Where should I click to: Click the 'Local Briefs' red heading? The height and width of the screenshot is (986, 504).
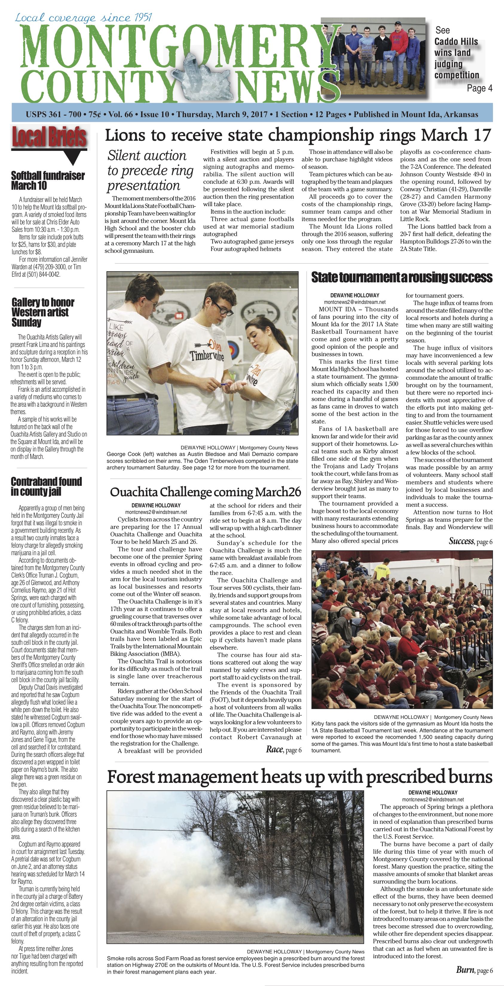[x=49, y=137]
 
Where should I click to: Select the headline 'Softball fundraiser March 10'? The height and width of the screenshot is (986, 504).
[x=48, y=181]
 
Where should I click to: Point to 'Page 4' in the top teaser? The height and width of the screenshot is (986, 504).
[x=479, y=88]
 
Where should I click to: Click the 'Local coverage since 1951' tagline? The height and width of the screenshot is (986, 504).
[x=83, y=18]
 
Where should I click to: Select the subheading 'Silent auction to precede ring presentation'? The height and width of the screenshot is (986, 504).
[x=150, y=170]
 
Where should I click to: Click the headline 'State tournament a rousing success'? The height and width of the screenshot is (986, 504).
[x=402, y=277]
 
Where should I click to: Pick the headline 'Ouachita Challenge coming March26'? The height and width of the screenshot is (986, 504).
[x=206, y=492]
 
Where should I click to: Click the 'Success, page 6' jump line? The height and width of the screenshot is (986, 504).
[x=470, y=541]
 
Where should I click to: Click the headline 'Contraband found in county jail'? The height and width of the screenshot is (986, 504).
[x=46, y=486]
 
